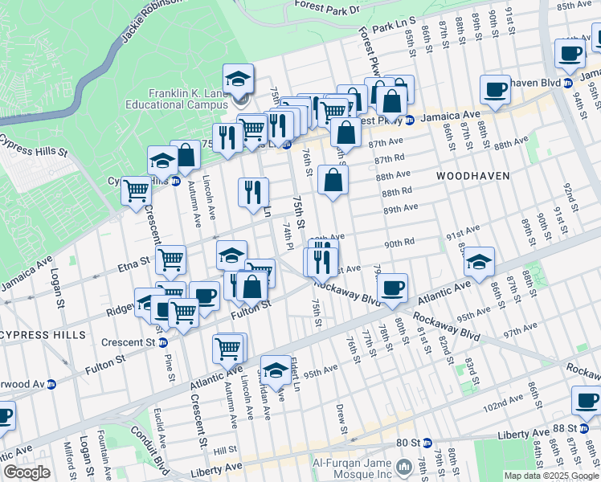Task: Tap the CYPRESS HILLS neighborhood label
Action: coord(43,333)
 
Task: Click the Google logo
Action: coord(27,472)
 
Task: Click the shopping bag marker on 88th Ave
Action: coord(333,181)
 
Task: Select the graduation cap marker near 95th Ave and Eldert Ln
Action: coord(276,370)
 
